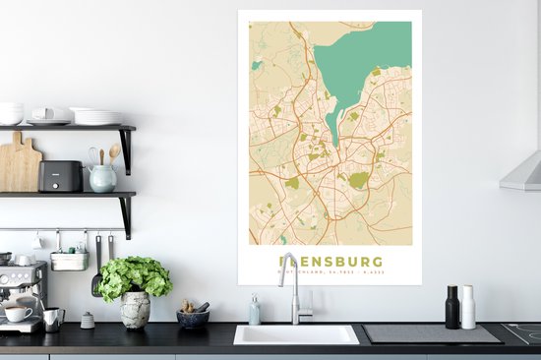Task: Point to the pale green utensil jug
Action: (102, 177)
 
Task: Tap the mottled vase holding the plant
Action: (135, 309)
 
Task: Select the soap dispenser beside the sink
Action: (255, 311)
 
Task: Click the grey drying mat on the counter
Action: (431, 333)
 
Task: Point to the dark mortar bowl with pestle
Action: (193, 317)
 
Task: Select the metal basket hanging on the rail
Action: (69, 260)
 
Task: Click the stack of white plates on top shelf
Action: (96, 116)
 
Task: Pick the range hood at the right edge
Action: (521, 172)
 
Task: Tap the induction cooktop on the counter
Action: (523, 332)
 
